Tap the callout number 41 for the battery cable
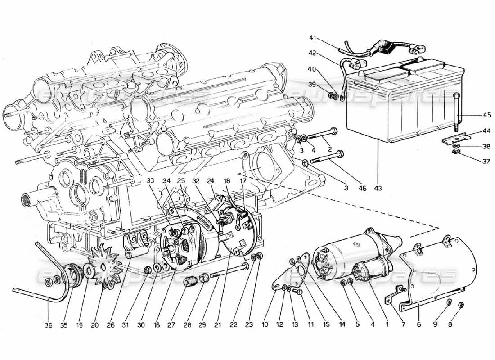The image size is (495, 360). point(313,37)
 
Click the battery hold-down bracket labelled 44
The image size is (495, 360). point(454,139)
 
